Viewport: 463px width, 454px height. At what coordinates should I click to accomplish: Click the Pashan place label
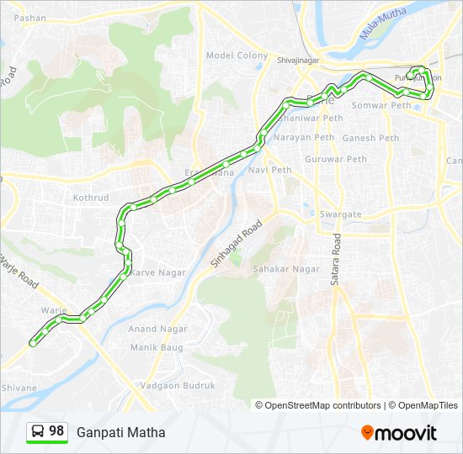tap(30, 17)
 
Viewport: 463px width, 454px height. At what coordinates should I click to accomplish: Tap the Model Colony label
tap(237, 55)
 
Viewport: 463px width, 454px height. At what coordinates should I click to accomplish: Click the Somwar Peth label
tap(381, 105)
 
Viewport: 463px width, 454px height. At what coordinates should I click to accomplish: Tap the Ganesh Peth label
tap(370, 138)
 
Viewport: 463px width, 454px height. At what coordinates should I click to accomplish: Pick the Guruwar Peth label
tap(336, 159)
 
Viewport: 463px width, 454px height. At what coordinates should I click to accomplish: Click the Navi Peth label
tap(269, 170)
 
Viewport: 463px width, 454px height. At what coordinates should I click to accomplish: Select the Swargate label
tap(340, 214)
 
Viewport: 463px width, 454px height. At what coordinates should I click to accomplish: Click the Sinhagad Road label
tap(237, 245)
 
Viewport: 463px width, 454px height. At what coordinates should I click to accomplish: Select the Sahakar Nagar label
tap(286, 269)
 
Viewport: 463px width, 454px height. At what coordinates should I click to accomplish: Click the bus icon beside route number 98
tap(38, 432)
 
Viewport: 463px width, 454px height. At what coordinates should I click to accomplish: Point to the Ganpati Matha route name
tap(121, 433)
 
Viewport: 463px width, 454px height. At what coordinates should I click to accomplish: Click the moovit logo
tap(399, 433)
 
